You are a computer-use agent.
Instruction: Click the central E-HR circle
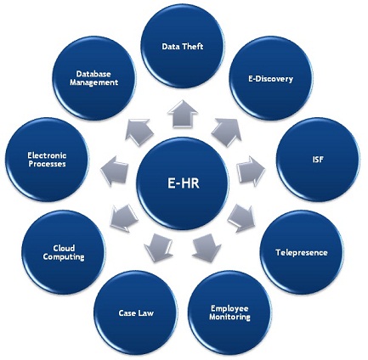click(x=184, y=182)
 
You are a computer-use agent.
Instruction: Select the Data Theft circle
click(x=183, y=48)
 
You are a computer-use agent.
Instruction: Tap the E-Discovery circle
click(x=271, y=79)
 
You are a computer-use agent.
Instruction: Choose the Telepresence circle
click(x=302, y=252)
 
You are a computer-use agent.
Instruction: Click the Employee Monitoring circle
click(x=230, y=312)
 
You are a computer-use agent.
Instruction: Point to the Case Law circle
click(x=136, y=312)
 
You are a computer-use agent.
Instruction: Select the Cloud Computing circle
click(x=64, y=252)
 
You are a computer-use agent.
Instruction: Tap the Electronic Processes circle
click(x=47, y=159)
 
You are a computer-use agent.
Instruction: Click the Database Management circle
click(x=93, y=79)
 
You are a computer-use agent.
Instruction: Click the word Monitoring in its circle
click(x=230, y=317)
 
